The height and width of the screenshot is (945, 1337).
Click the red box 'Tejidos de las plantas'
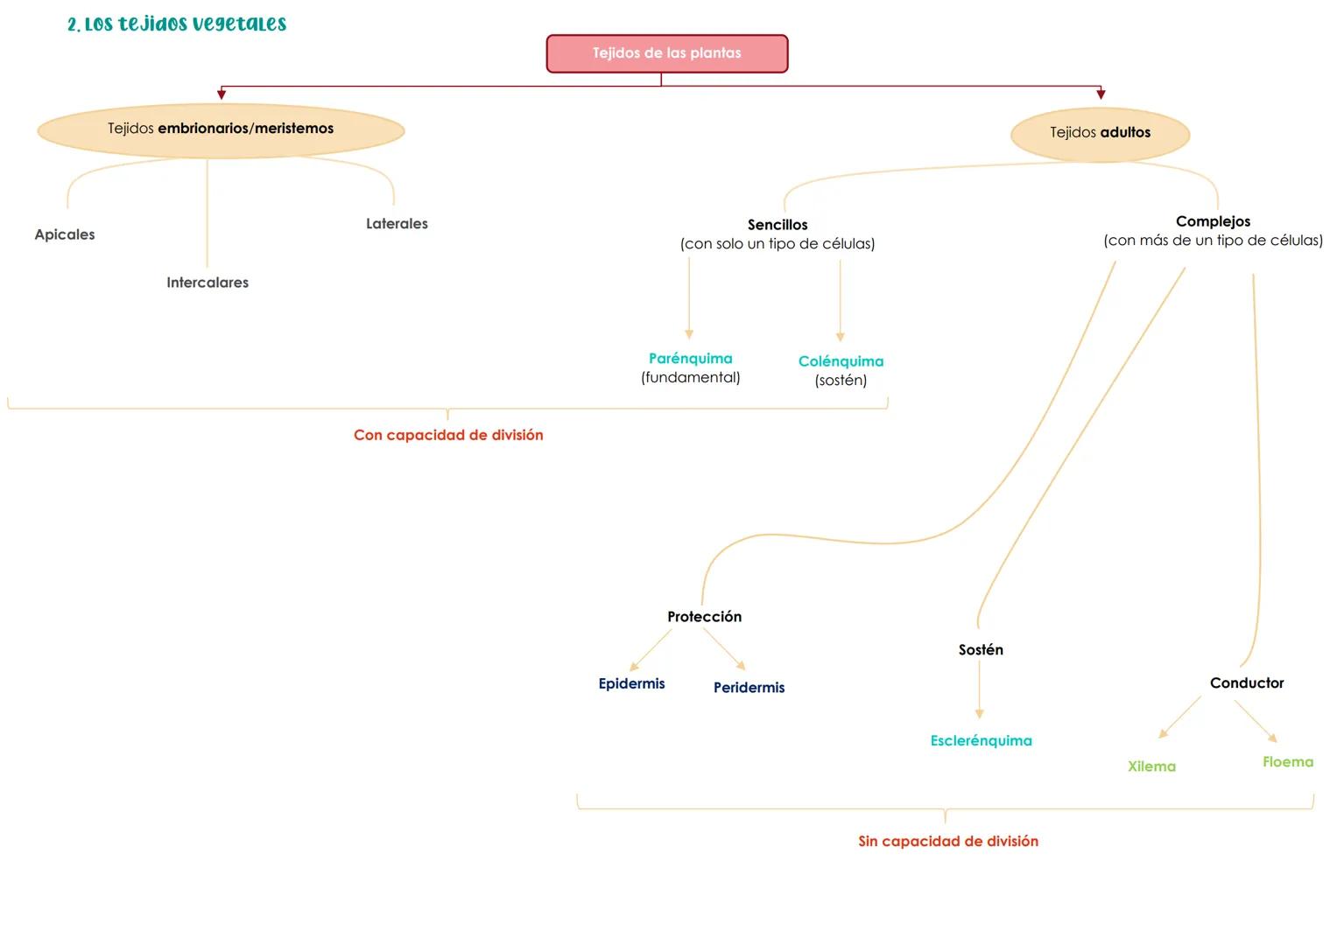(666, 53)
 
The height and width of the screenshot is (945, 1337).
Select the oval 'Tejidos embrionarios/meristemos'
(221, 129)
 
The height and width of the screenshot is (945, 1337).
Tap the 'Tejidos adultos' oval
(1100, 133)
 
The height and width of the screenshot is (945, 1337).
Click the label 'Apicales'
(65, 234)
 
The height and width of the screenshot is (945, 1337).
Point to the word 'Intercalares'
(208, 283)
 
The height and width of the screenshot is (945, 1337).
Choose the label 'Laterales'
(397, 224)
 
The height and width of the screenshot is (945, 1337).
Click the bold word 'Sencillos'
(778, 225)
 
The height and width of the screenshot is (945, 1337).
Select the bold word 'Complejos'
(1213, 221)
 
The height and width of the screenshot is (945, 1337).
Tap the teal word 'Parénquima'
(690, 359)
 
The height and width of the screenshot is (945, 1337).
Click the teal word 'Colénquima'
(841, 361)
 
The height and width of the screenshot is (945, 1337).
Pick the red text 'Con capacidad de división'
(448, 435)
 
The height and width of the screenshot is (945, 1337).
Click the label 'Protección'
(704, 617)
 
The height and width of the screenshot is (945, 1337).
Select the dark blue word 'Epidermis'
(631, 683)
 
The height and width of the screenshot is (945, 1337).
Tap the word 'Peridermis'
(749, 688)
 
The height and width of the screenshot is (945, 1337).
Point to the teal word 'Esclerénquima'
(981, 741)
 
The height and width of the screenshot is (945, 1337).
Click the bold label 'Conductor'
(1247, 683)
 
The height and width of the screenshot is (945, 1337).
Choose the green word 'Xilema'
(1151, 766)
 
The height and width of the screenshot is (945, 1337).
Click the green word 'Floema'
(1288, 762)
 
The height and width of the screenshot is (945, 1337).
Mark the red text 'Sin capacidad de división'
(948, 841)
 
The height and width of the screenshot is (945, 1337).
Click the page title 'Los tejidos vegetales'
(177, 24)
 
